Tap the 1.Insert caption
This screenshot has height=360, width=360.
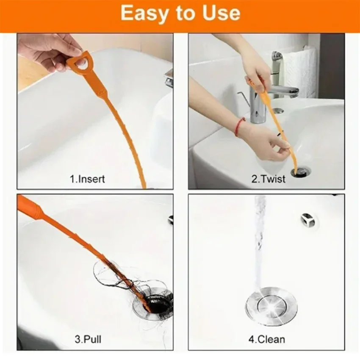click(87, 179)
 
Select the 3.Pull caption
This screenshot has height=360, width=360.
click(88, 339)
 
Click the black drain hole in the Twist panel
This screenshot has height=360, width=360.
click(301, 171)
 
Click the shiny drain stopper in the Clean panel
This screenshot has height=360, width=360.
click(271, 305)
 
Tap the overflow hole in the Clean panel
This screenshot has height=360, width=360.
click(307, 219)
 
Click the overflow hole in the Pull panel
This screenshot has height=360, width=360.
click(170, 219)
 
